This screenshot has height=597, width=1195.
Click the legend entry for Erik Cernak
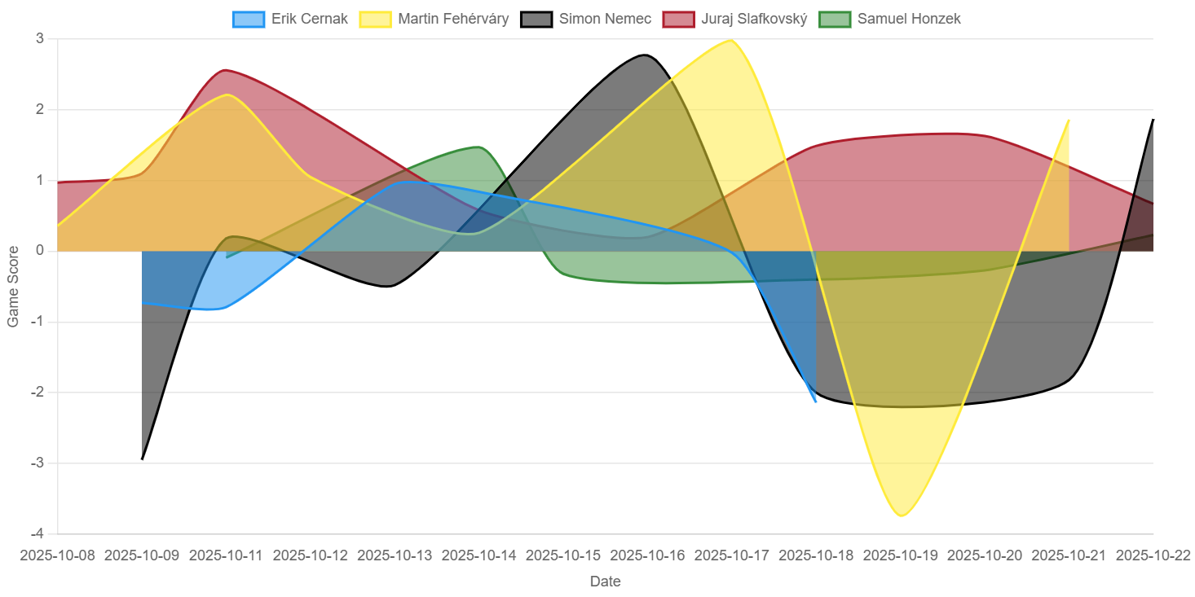point(290,19)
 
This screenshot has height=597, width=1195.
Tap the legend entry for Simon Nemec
point(584,19)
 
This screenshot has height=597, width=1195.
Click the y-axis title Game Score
point(13,287)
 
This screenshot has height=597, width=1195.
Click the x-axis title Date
point(605,582)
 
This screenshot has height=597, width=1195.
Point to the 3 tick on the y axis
point(40,39)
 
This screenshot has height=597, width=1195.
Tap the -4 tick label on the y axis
point(37,534)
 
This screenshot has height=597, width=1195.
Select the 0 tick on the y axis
point(40,252)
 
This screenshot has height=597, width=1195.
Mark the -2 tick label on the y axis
point(37,393)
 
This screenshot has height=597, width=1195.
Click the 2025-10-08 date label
point(58,555)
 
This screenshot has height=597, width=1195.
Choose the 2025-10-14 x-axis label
point(479,555)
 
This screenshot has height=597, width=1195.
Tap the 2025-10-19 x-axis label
point(901,555)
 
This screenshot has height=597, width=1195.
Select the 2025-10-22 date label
point(1153,555)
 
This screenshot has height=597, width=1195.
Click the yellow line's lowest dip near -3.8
point(902,516)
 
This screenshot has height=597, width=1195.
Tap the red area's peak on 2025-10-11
point(225,69)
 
